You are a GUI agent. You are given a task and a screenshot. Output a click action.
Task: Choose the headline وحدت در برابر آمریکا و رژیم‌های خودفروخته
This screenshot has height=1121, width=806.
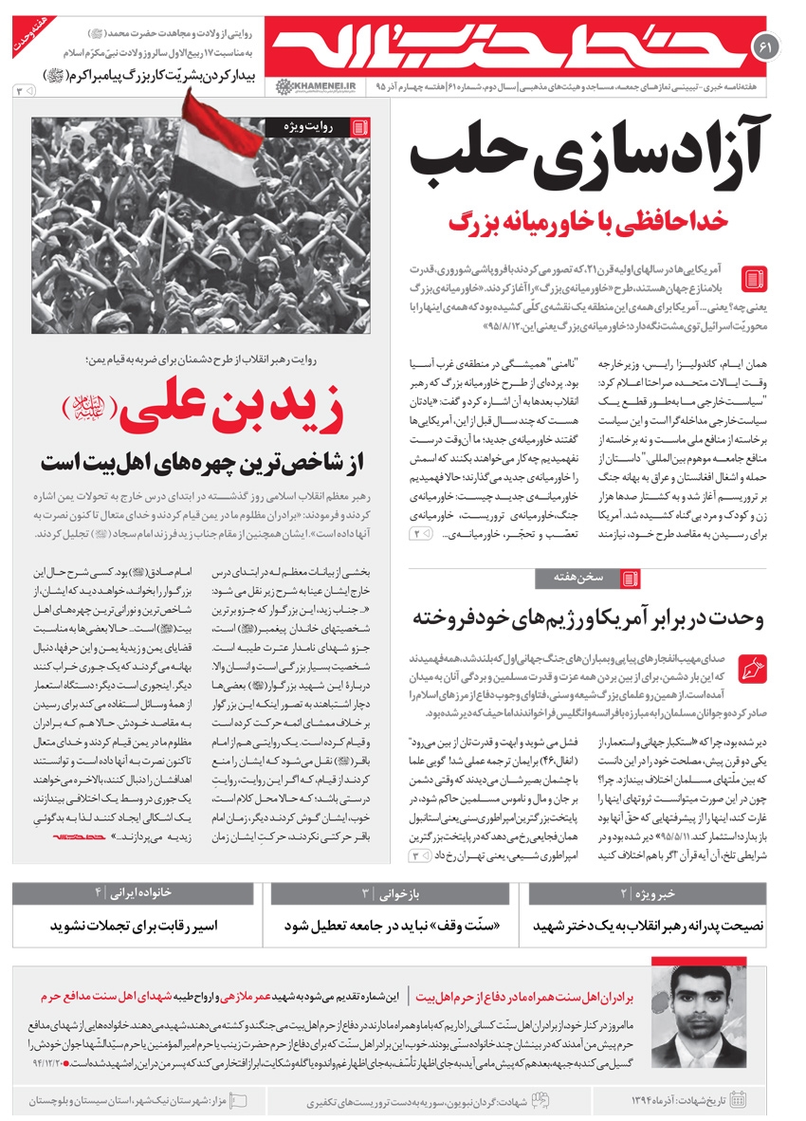tap(588, 618)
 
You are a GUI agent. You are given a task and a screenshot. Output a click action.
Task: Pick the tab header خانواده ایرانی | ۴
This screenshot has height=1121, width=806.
tap(137, 893)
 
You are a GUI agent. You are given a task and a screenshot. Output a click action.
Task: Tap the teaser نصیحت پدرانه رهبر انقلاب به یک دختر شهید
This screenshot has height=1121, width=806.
tap(649, 926)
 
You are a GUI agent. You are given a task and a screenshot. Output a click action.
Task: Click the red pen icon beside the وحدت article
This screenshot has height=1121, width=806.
tap(752, 665)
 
